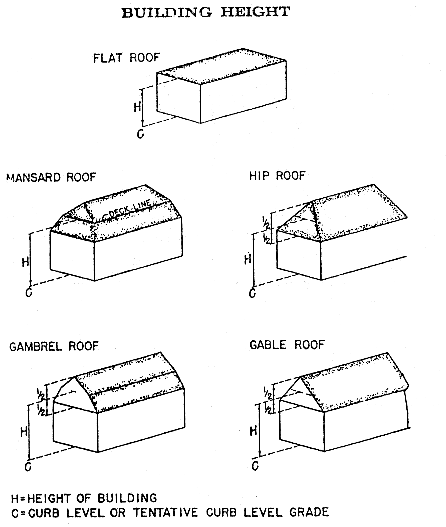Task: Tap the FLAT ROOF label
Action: pos(126,58)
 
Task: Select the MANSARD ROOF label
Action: pos(51,177)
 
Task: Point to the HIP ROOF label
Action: pos(277,176)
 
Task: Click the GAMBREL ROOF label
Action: pos(54,346)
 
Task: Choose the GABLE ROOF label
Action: pos(287,345)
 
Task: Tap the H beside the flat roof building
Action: pos(137,107)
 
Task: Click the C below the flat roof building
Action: pos(141,133)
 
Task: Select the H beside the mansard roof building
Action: pos(26,262)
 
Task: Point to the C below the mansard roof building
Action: pos(29,293)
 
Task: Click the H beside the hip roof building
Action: pos(248,259)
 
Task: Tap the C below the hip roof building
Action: pos(252,293)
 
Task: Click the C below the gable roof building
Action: pos(255,466)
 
